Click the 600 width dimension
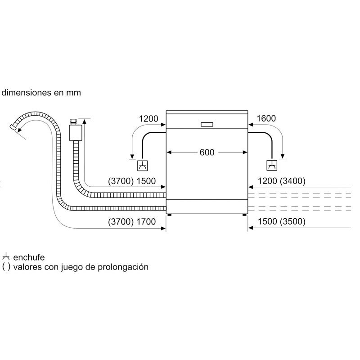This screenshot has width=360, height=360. [207, 153]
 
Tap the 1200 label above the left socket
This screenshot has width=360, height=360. [148, 119]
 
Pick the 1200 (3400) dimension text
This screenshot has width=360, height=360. [281, 181]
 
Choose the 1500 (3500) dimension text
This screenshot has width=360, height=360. [281, 222]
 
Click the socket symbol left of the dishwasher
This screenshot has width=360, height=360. [143, 166]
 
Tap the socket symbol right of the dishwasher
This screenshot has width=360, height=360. [272, 166]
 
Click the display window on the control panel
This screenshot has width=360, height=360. [207, 124]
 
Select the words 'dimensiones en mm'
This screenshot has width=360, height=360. [41, 93]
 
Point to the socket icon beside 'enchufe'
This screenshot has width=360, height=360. [6, 257]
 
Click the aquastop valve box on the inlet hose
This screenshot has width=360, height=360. [76, 132]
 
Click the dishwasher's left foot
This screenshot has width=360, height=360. [170, 215]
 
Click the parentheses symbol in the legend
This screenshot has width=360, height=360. [6, 267]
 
